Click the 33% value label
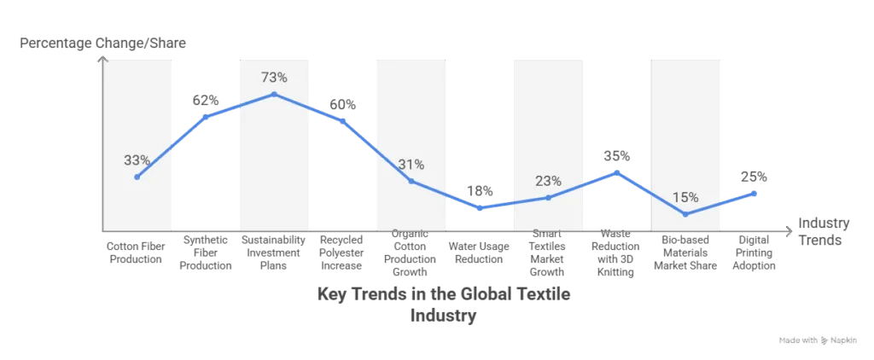tap(137, 160)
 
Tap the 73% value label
tap(274, 78)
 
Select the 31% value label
tap(411, 165)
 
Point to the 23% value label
tap(548, 181)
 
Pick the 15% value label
tap(685, 198)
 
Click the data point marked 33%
tap(137, 177)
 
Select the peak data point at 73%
tap(274, 94)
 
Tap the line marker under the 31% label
tap(411, 181)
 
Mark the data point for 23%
tap(548, 197)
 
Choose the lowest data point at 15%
tap(685, 214)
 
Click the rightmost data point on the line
tap(755, 194)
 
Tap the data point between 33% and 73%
tap(205, 116)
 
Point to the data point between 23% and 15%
tap(617, 172)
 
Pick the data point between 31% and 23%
tap(480, 208)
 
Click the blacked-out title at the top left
tap(102, 44)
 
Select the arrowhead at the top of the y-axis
tap(102, 58)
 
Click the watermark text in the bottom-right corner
tap(820, 340)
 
